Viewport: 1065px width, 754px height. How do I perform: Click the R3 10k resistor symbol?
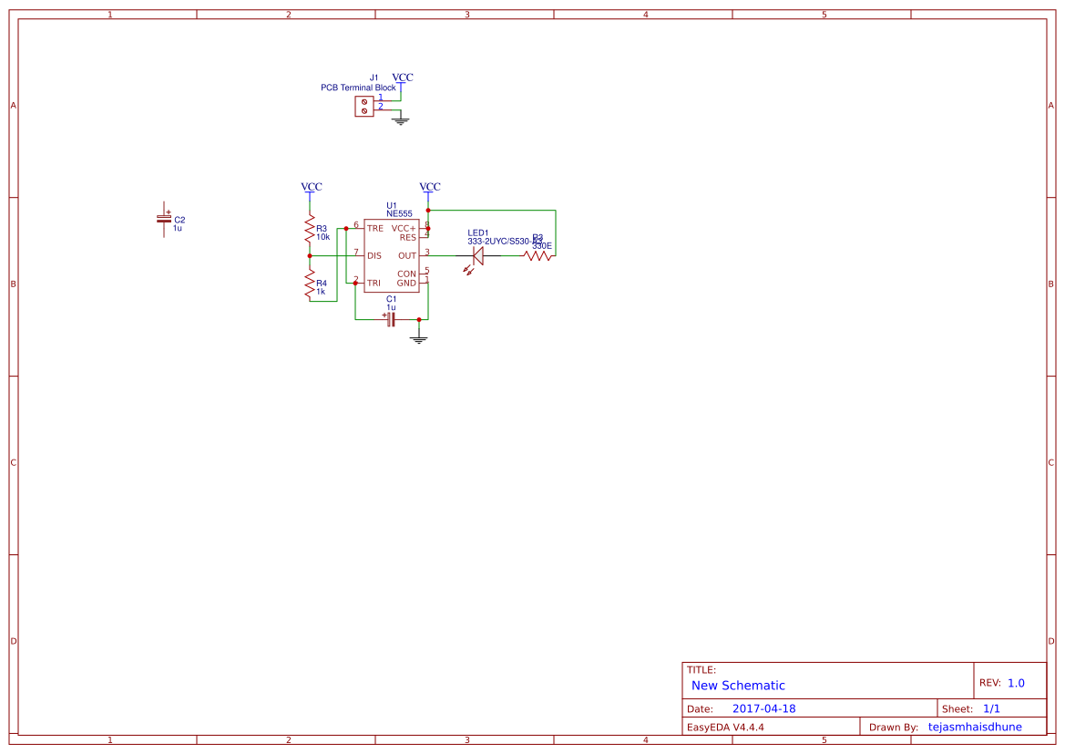tap(310, 229)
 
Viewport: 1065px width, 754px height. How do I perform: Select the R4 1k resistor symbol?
tap(310, 285)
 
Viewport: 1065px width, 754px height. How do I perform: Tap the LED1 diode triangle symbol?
tap(477, 256)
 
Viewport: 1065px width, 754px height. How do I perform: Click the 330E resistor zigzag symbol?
tap(538, 256)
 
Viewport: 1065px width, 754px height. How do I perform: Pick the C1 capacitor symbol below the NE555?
tap(391, 319)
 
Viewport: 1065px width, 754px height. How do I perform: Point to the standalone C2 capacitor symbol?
tap(164, 219)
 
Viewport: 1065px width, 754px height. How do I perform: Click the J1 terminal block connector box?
tap(364, 107)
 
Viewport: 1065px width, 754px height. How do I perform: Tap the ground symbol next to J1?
tap(401, 119)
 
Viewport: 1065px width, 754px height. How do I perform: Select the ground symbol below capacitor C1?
tap(419, 339)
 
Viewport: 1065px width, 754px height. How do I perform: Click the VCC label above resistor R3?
tap(312, 187)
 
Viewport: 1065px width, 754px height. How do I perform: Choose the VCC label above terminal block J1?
tap(402, 78)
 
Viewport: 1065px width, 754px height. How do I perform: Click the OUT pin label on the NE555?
tap(406, 256)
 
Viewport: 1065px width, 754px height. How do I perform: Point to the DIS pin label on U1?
tap(374, 256)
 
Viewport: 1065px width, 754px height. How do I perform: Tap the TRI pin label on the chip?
tap(374, 284)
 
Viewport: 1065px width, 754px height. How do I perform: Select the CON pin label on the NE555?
tap(406, 274)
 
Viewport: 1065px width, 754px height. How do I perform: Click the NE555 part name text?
tap(399, 213)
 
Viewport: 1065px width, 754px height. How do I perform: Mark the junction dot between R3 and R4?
tap(310, 256)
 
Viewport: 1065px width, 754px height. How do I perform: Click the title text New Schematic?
tap(738, 686)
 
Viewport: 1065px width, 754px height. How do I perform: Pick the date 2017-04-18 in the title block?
tap(763, 708)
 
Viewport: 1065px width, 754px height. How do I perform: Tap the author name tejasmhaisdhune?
tap(975, 727)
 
